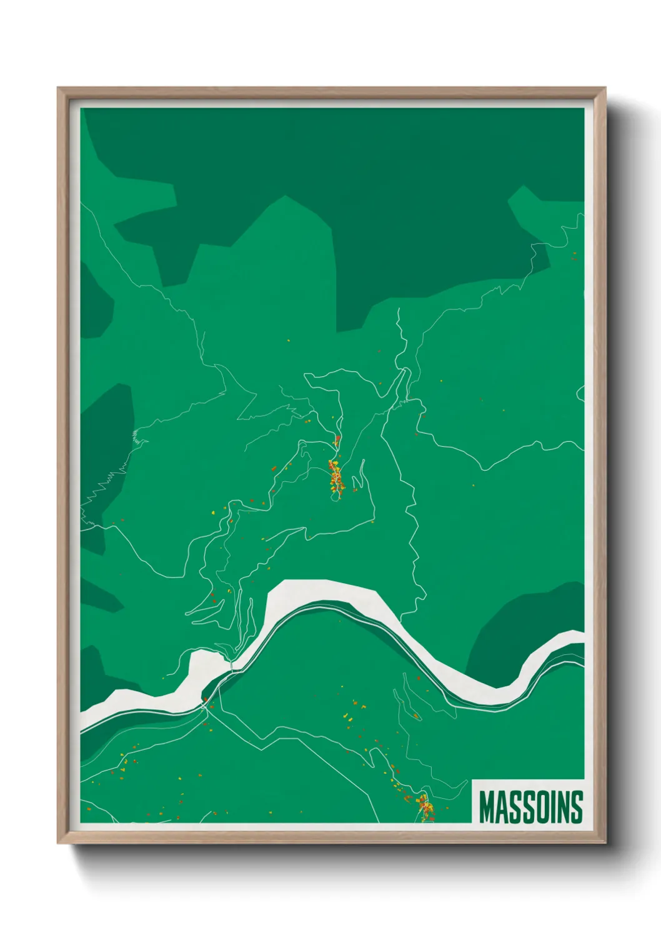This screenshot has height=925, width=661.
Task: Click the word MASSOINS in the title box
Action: pyautogui.click(x=530, y=807)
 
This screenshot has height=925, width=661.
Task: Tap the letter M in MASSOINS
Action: pyautogui.click(x=487, y=807)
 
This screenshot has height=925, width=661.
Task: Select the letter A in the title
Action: pyautogui.click(x=502, y=807)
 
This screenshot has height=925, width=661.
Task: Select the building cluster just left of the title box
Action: pyautogui.click(x=426, y=807)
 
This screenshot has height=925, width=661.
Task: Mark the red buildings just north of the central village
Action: pyautogui.click(x=337, y=439)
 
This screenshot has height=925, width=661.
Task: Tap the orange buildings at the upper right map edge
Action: pyautogui.click(x=574, y=254)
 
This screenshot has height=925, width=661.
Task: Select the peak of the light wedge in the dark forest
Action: pyautogui.click(x=286, y=197)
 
